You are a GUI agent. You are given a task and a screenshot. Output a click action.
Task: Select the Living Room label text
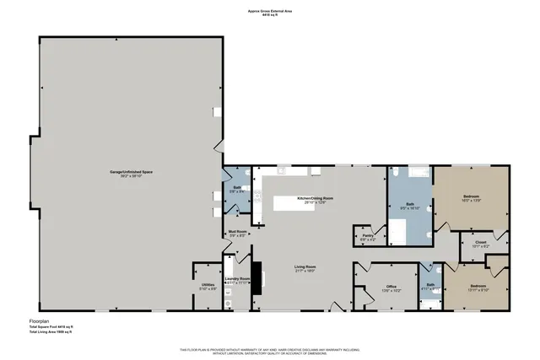[x=305, y=268]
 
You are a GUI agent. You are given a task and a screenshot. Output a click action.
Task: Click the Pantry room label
[x=368, y=237]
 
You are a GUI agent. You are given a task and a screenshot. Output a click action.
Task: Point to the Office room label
[x=391, y=287]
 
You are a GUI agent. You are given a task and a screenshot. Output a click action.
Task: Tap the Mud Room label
[x=237, y=233]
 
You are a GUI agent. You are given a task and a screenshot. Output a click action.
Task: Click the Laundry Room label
[x=239, y=280]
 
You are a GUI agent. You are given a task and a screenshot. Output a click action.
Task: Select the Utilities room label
[x=207, y=287]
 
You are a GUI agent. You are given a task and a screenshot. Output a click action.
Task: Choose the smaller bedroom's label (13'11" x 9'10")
[x=478, y=287]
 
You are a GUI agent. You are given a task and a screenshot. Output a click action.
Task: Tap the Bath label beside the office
[x=430, y=285]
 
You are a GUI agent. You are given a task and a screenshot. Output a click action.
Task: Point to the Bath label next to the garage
[x=238, y=190]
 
